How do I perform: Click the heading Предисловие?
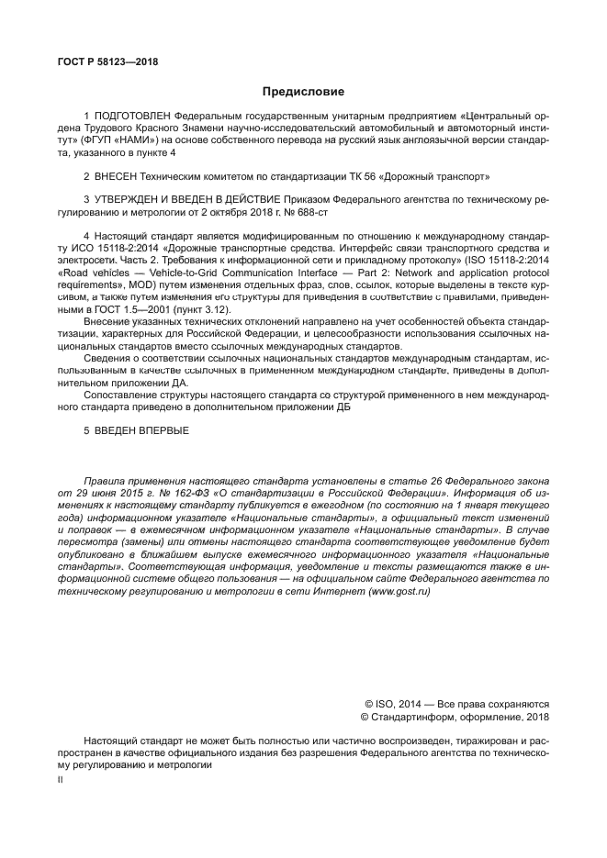[x=303, y=92]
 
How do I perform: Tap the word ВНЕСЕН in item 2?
[x=116, y=174]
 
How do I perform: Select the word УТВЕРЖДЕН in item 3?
[x=125, y=197]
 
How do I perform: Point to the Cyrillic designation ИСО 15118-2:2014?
[x=101, y=249]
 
